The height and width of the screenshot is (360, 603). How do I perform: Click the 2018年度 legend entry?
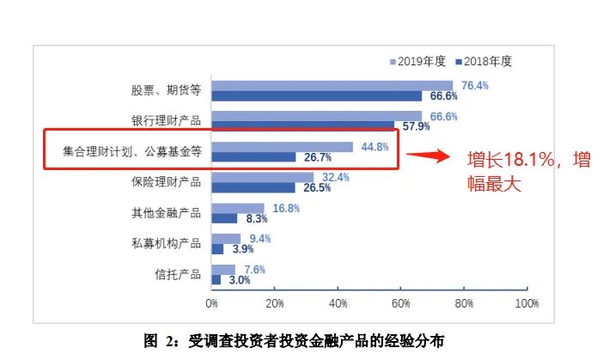click(489, 61)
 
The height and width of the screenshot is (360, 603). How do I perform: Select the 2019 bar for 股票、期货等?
click(332, 85)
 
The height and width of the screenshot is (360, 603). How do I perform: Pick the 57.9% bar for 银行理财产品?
click(302, 126)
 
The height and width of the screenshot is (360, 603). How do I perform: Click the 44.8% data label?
click(375, 147)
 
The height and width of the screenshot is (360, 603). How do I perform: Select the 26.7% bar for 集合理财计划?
click(253, 157)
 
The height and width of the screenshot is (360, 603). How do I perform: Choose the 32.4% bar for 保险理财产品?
click(262, 177)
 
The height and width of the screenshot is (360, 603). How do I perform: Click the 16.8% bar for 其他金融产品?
click(238, 208)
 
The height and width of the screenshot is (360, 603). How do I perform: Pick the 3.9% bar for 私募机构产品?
click(217, 249)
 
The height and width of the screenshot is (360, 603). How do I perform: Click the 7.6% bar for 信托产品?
click(223, 269)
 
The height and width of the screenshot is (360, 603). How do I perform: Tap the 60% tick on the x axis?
click(400, 303)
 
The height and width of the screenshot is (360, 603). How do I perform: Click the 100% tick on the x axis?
click(526, 303)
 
